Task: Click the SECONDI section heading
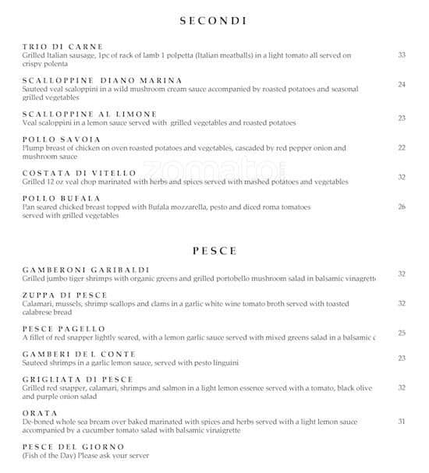pos(214,21)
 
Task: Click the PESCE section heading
pos(214,251)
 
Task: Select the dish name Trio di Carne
pos(63,47)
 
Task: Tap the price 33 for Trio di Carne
pos(402,55)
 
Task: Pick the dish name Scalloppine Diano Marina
pos(103,80)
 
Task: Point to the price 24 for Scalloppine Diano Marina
pos(402,84)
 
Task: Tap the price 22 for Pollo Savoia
pos(402,147)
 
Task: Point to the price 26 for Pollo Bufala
pos(402,206)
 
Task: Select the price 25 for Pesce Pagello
pos(402,333)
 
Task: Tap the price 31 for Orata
pos(402,421)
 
